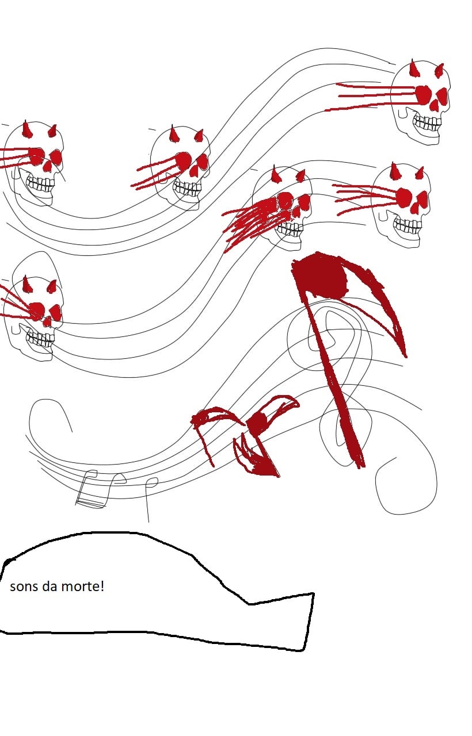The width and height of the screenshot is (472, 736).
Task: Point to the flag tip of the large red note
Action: (x=405, y=356)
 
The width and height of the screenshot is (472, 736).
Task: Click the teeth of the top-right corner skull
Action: (x=427, y=123)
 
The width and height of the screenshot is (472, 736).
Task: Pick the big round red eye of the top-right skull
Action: (x=422, y=94)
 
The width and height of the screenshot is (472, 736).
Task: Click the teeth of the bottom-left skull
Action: (x=40, y=339)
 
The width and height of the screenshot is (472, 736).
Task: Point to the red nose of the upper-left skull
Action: (x=48, y=167)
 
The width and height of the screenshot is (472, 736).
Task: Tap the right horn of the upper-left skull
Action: (x=52, y=131)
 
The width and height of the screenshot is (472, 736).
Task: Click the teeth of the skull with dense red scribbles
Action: (x=289, y=228)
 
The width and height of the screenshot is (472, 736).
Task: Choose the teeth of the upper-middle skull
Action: (x=188, y=188)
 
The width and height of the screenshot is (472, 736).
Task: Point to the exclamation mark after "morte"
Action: (x=102, y=586)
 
